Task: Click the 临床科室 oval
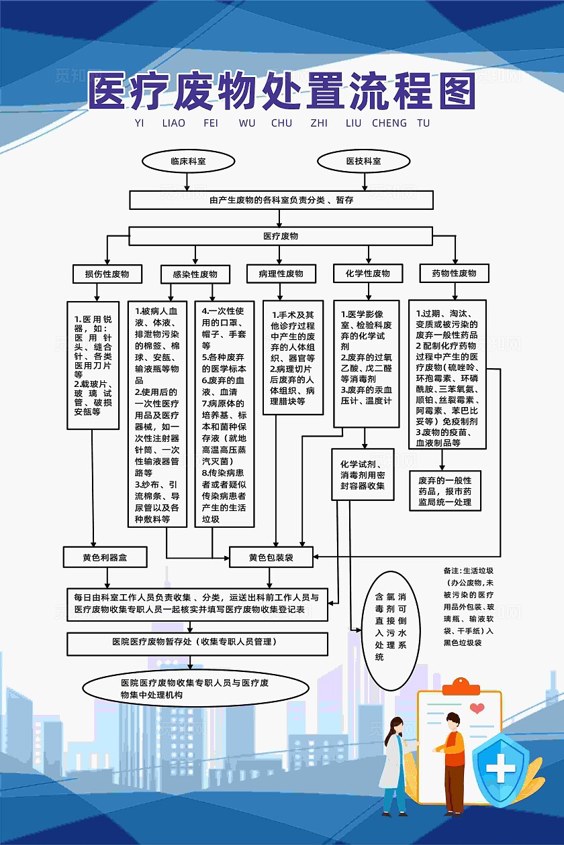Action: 188,161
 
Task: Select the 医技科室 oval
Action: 363,161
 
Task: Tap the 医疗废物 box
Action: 281,236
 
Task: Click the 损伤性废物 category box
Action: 107,274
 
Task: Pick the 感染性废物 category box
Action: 195,274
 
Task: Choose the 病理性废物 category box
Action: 281,274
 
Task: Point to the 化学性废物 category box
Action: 367,273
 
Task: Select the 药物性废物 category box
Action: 454,273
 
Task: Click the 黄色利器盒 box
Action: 105,557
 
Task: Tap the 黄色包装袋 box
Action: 271,557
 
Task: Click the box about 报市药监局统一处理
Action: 445,491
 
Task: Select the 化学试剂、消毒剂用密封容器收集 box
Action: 363,475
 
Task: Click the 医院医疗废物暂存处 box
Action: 197,642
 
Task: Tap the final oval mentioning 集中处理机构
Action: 195,688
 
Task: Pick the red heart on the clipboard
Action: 477,708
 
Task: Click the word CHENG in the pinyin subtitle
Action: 389,123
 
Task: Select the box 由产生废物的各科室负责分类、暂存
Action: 281,200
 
